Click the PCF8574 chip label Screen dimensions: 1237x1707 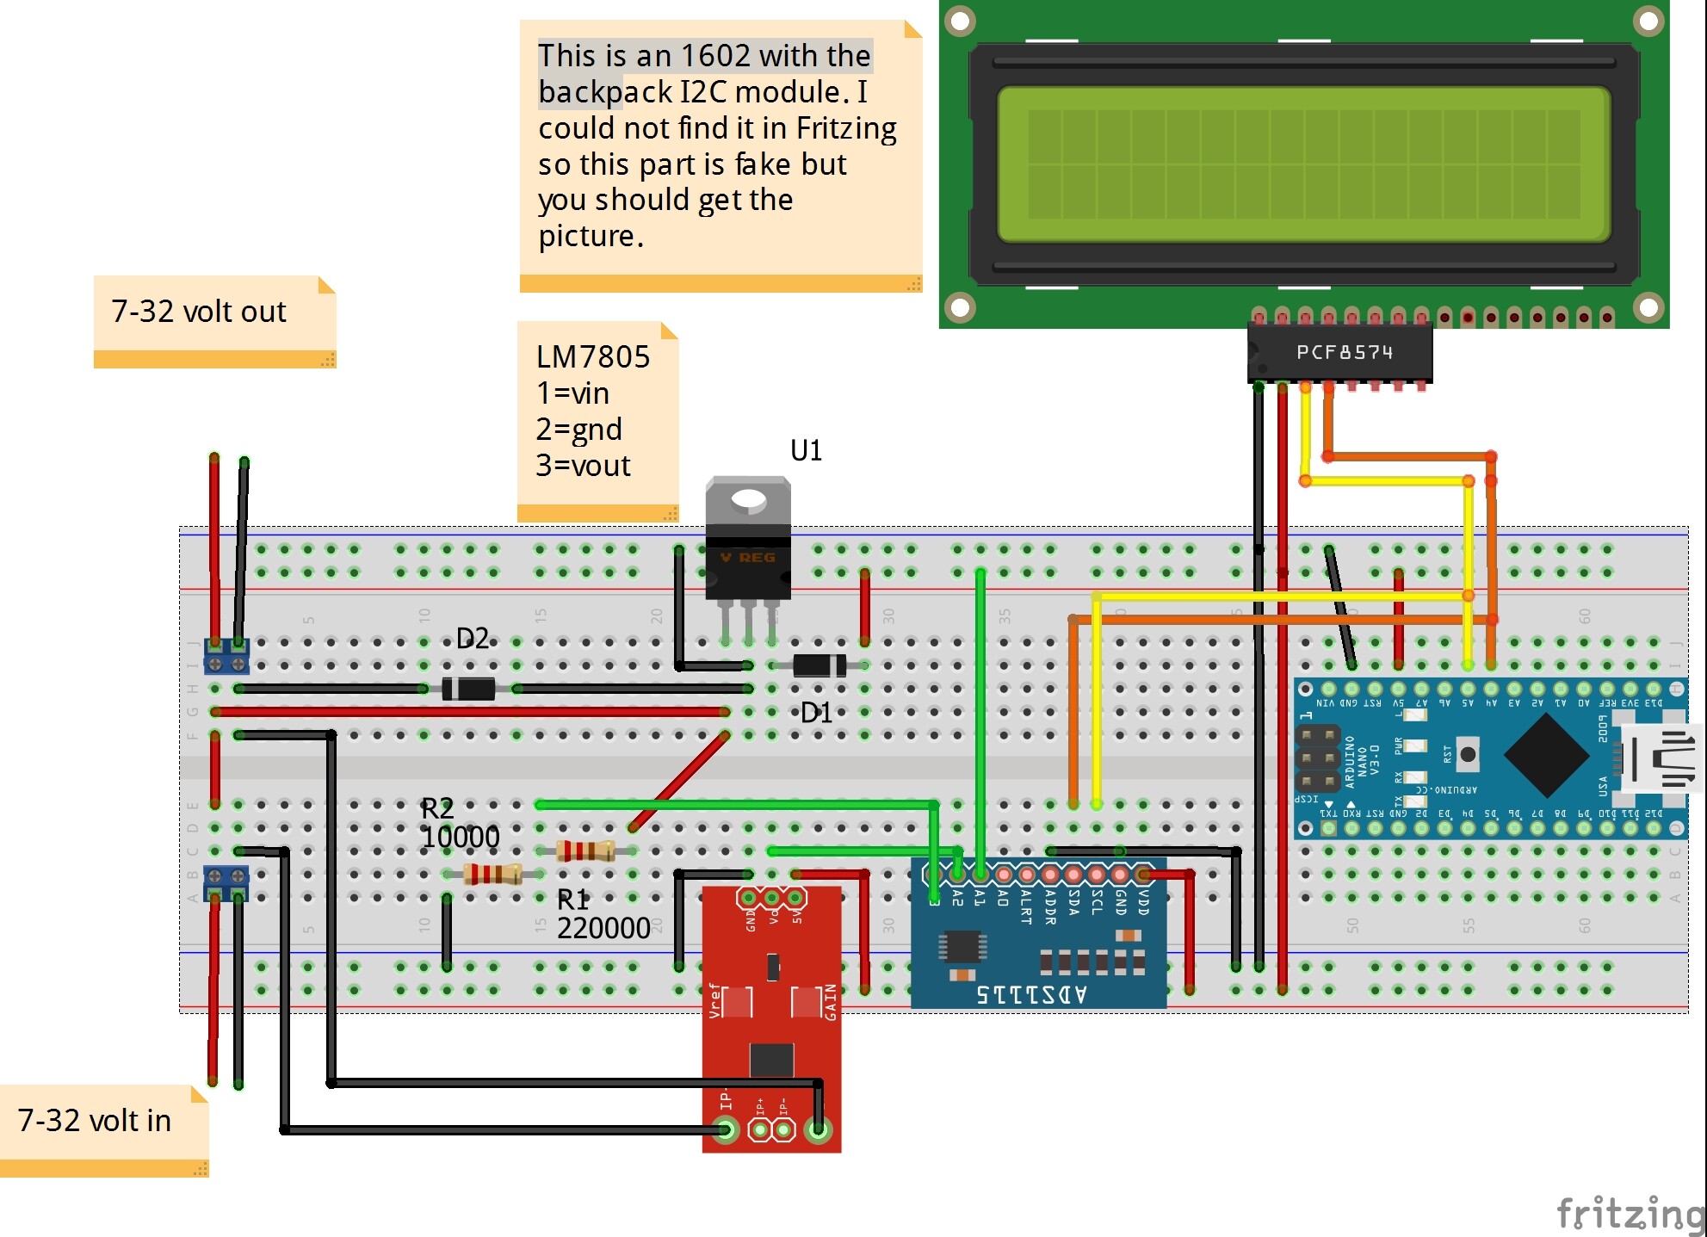pyautogui.click(x=1344, y=352)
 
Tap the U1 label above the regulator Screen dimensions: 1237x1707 pyautogui.click(x=806, y=450)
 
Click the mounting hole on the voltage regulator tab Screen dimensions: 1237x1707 pyautogui.click(x=748, y=499)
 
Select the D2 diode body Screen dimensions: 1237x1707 pyautogui.click(x=468, y=689)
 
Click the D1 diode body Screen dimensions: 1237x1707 pyautogui.click(x=819, y=665)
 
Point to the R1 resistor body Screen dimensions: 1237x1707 pyautogui.click(x=586, y=851)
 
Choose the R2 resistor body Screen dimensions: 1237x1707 pyautogui.click(x=492, y=874)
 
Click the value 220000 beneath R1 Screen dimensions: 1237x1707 pyautogui.click(x=603, y=928)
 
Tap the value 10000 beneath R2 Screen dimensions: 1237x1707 pyautogui.click(x=461, y=837)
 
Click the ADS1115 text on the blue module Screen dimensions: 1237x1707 pyautogui.click(x=1031, y=994)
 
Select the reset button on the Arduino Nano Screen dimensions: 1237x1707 pyautogui.click(x=1468, y=754)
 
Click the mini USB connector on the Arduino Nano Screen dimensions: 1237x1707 pyautogui.click(x=1662, y=758)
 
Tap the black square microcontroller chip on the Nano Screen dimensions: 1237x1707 pyautogui.click(x=1546, y=755)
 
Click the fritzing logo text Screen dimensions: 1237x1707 pyautogui.click(x=1630, y=1213)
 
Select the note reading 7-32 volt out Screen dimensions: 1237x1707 pyautogui.click(x=199, y=312)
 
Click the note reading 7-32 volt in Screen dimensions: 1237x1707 pyautogui.click(x=95, y=1121)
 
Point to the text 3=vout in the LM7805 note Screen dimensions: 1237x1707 pyautogui.click(x=583, y=466)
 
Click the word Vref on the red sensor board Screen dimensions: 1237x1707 pyautogui.click(x=714, y=1000)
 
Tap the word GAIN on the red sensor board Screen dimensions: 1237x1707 pyautogui.click(x=831, y=1002)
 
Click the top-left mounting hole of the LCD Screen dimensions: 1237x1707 pyautogui.click(x=960, y=22)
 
